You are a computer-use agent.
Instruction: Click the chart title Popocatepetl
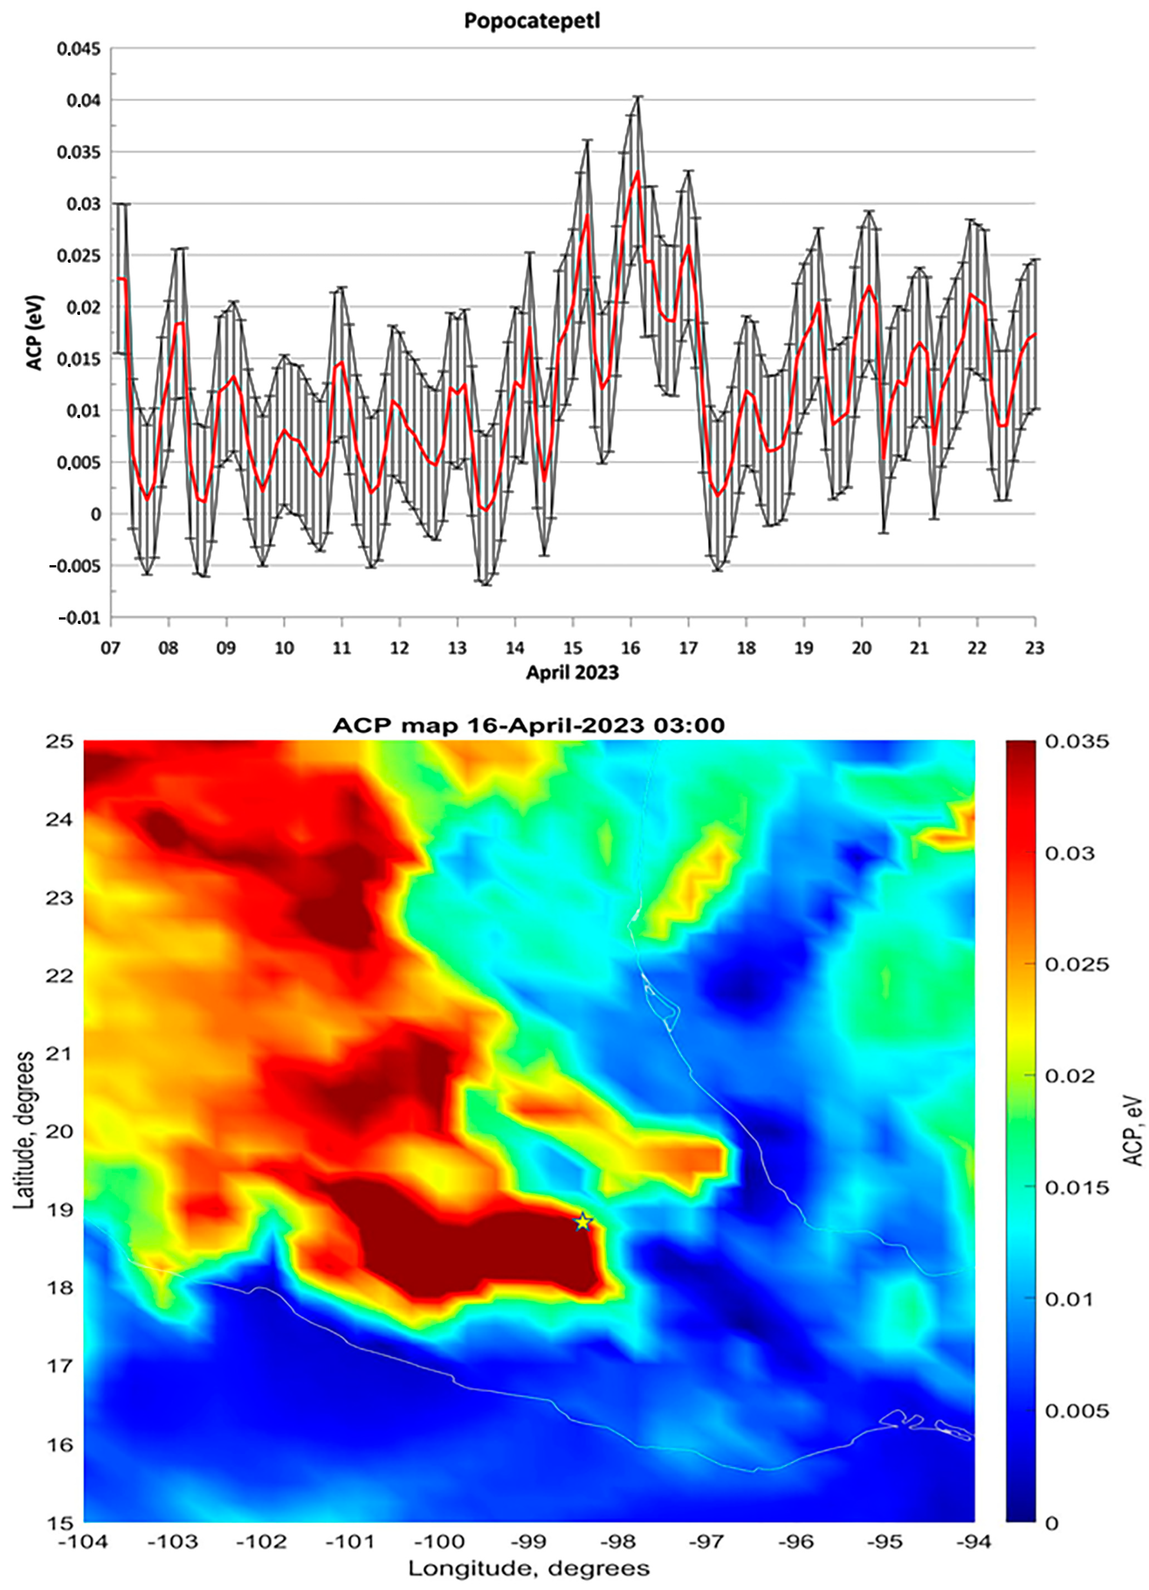[532, 21]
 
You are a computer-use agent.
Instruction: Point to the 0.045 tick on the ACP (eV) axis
[78, 49]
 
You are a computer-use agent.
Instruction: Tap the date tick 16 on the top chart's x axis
[631, 648]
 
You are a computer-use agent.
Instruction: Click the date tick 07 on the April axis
[111, 648]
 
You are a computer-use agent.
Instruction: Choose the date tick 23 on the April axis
[1034, 648]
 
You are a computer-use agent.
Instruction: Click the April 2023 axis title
[572, 673]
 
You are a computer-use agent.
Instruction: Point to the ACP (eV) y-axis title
[34, 333]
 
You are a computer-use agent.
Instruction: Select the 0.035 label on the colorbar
[1077, 742]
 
